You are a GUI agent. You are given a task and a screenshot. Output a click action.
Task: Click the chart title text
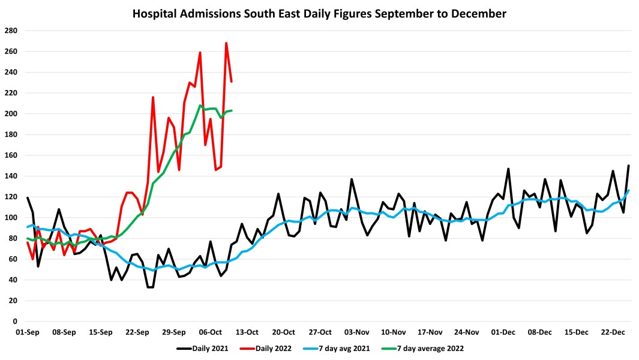point(319,13)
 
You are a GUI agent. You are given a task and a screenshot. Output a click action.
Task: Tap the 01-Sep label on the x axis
point(27,332)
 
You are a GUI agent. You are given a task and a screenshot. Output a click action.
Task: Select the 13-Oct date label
point(247,332)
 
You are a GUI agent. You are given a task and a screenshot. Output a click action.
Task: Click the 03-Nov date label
point(357,332)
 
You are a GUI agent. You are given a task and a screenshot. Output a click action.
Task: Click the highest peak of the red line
point(226,43)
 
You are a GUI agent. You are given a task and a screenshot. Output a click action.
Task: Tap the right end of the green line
point(232,110)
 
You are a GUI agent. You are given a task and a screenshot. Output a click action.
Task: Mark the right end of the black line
point(629,166)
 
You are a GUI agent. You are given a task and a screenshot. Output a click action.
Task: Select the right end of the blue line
point(629,191)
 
